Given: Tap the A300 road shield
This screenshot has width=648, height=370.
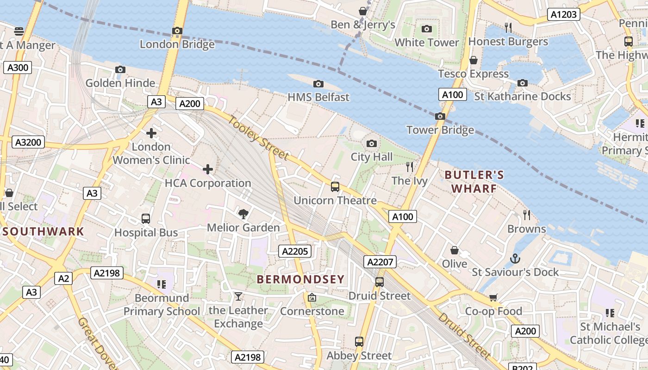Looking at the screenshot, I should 18,68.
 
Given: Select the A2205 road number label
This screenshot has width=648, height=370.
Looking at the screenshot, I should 295,251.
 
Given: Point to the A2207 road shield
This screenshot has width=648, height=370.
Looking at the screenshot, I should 380,262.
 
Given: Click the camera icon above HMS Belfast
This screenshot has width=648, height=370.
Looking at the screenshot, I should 318,84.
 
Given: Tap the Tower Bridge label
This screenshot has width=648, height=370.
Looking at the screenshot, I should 440,130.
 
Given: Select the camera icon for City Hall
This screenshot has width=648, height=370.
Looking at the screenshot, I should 371,143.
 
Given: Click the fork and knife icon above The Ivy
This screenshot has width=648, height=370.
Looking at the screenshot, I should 409,166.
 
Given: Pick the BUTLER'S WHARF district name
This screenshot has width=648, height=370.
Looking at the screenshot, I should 474,182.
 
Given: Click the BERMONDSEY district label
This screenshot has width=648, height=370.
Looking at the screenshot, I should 300,279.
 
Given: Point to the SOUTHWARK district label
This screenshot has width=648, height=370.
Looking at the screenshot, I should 43,232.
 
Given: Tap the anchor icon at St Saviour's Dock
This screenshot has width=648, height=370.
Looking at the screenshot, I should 515,259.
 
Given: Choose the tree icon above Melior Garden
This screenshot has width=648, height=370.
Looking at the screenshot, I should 243,214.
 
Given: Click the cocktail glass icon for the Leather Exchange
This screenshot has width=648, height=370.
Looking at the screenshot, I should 238,296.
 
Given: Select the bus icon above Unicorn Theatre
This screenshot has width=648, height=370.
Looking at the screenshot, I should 335,187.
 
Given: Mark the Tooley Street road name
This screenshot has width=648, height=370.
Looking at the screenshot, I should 258,138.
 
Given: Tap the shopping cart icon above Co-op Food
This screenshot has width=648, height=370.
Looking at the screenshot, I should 493,297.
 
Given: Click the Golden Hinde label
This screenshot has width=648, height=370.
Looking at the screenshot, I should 120,83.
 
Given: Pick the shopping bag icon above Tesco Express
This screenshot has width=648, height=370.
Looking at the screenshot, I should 473,60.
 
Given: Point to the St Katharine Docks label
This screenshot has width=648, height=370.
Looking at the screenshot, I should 523,97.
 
